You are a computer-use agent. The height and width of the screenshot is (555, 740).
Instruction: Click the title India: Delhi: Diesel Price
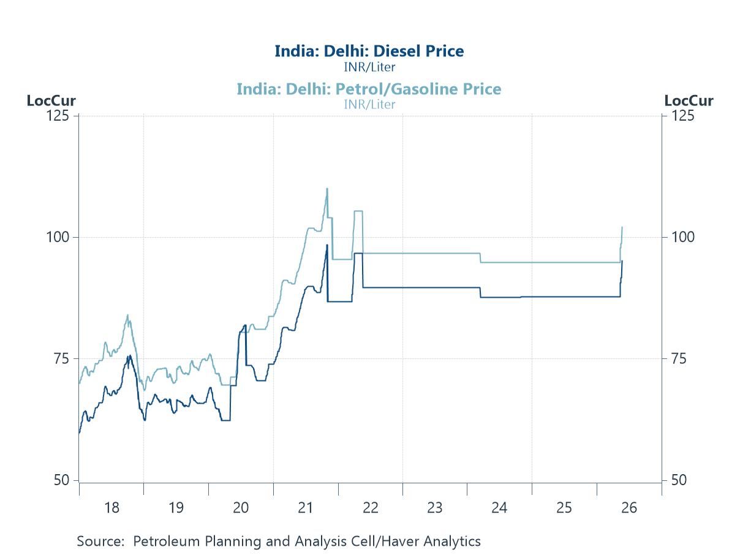tap(369, 51)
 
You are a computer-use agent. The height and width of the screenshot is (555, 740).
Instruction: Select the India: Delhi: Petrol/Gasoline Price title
tap(369, 89)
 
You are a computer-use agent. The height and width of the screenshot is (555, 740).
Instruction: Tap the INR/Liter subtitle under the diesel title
tap(369, 67)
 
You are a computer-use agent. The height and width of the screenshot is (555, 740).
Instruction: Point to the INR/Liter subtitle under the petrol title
tap(369, 105)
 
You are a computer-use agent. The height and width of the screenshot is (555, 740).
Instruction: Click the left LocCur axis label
tap(51, 100)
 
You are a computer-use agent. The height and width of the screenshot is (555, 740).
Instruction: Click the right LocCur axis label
tap(689, 100)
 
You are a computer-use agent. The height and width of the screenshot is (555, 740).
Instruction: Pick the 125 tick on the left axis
tap(58, 116)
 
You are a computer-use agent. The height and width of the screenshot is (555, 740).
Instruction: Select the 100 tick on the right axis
tap(682, 237)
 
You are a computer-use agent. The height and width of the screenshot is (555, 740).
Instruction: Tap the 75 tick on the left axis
tap(61, 358)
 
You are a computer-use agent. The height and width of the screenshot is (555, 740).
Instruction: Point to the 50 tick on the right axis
tap(679, 480)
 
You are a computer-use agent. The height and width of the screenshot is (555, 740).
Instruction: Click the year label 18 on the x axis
tap(111, 507)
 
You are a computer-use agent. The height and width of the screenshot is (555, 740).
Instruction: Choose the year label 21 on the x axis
tap(306, 507)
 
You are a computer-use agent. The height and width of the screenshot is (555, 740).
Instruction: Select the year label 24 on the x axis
tap(499, 507)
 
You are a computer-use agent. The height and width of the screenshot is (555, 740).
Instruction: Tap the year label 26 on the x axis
tap(629, 507)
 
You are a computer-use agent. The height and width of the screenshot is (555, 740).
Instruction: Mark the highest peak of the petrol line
tap(327, 189)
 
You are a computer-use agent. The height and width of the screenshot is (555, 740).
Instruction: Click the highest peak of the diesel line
tap(327, 245)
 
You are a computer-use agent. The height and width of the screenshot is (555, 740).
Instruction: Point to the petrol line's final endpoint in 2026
tap(622, 227)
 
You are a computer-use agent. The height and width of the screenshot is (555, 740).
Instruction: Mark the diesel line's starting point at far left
tap(79, 432)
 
